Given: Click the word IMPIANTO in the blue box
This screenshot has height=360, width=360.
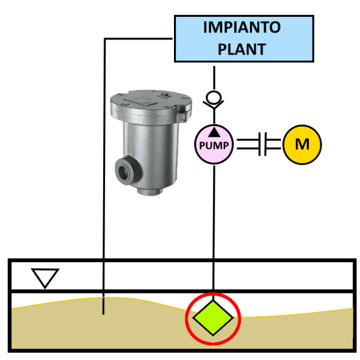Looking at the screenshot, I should point(242,28).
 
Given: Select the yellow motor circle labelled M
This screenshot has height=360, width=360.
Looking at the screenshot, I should point(302,144).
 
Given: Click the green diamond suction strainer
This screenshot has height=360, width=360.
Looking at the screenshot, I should point(213,317).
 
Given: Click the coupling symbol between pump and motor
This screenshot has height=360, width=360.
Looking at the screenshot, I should point(262,144).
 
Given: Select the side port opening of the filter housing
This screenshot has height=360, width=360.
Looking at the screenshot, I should point(124,169).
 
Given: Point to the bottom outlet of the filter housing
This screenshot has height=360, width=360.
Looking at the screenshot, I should point(148,191).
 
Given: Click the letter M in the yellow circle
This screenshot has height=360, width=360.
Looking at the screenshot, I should point(302,144).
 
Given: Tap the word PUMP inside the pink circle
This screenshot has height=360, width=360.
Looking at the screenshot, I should point(214,146).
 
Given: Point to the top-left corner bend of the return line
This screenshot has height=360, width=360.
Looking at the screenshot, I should point(105,39).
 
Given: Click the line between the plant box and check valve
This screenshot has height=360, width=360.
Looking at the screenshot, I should point(214,75).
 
